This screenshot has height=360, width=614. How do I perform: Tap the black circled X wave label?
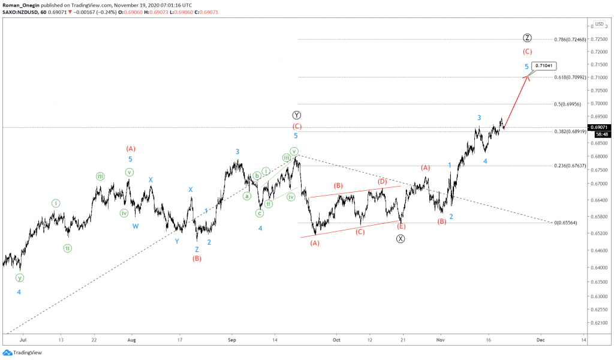pyautogui.click(x=401, y=239)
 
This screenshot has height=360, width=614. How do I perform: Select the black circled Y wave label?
pyautogui.click(x=296, y=115)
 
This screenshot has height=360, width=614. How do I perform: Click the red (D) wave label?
pyautogui.click(x=382, y=181)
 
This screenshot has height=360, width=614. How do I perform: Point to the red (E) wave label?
pyautogui.click(x=401, y=226)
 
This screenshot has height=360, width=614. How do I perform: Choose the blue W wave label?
pyautogui.click(x=136, y=226)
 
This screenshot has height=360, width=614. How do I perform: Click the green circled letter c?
pyautogui.click(x=260, y=213)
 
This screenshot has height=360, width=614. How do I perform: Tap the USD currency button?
pyautogui.click(x=598, y=24)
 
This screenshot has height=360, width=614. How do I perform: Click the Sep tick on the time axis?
pyautogui.click(x=233, y=339)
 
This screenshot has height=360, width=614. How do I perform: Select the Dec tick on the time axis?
pyautogui.click(x=540, y=339)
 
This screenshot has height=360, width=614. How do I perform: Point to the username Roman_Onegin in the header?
pyautogui.click(x=22, y=4)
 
